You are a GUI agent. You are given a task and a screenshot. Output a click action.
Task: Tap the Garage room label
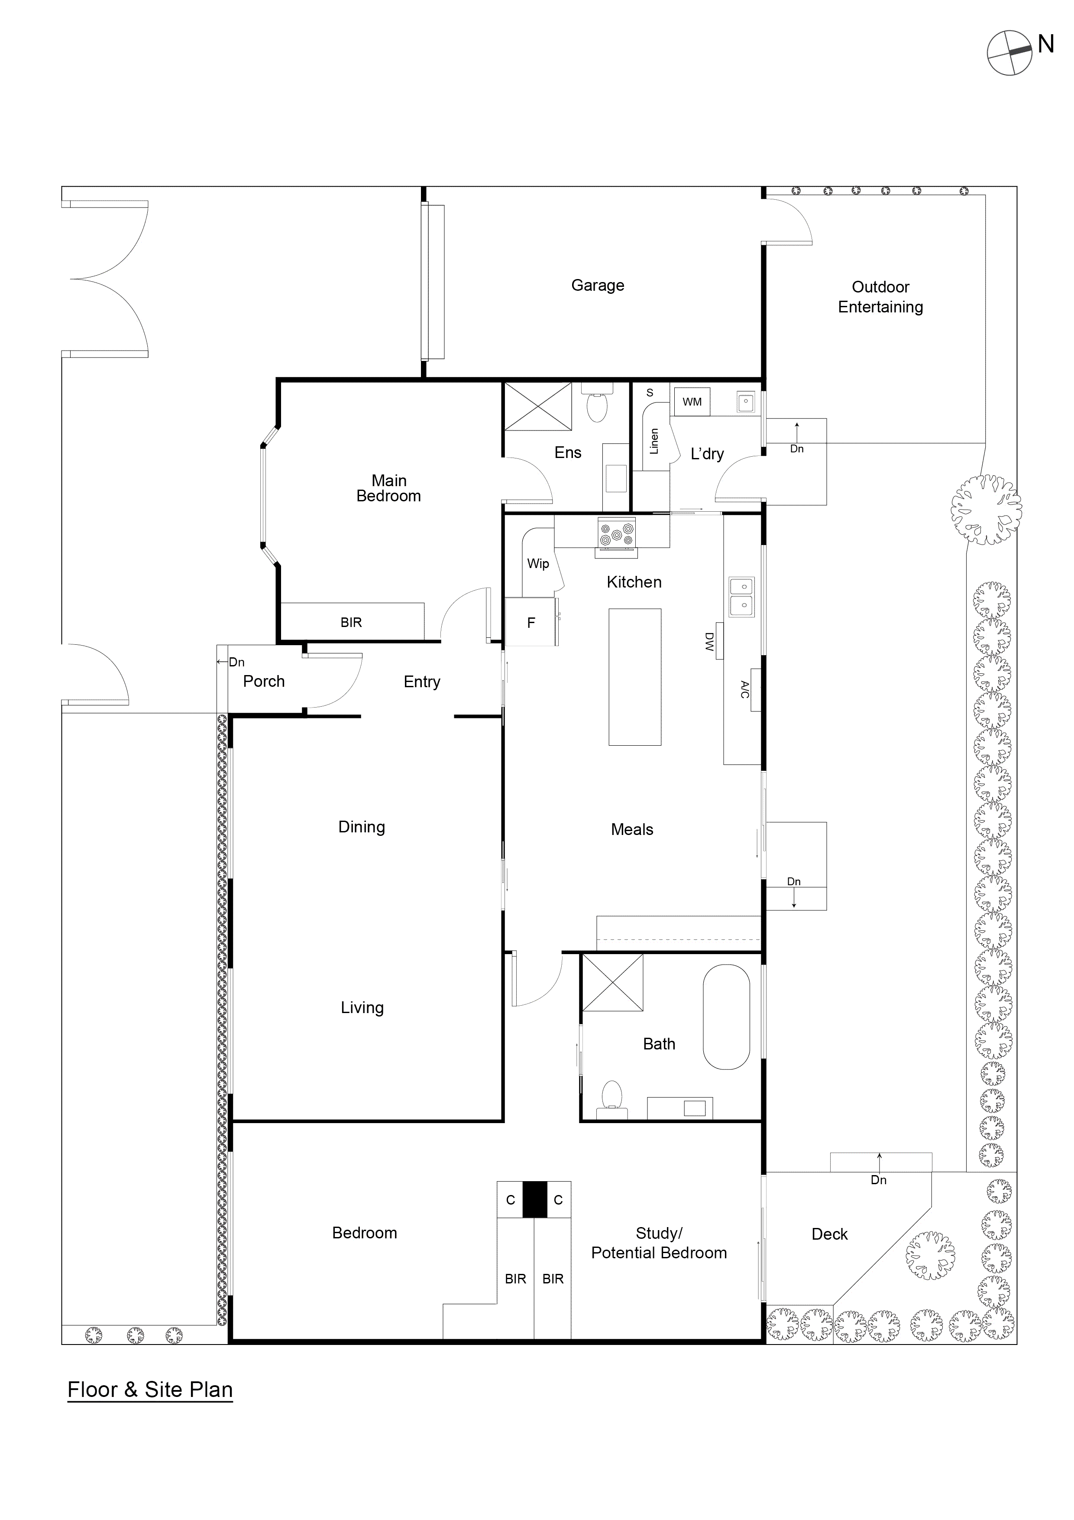(x=598, y=286)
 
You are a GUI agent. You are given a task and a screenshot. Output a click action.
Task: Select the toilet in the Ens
(x=597, y=406)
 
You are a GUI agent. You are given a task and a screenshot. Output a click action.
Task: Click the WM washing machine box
(x=692, y=402)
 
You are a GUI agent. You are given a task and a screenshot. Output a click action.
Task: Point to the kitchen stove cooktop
(x=617, y=533)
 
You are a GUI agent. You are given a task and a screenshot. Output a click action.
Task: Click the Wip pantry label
(x=538, y=564)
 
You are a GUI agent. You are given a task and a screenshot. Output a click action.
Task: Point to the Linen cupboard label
(x=654, y=441)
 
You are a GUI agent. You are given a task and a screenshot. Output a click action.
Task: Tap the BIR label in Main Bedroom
(x=351, y=622)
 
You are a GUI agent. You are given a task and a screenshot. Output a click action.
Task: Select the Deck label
(x=829, y=1234)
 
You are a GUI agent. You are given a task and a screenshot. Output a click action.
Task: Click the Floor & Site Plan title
(x=150, y=1390)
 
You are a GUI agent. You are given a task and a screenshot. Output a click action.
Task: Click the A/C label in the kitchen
(x=744, y=689)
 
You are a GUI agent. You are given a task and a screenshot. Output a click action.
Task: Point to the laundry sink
(x=746, y=402)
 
